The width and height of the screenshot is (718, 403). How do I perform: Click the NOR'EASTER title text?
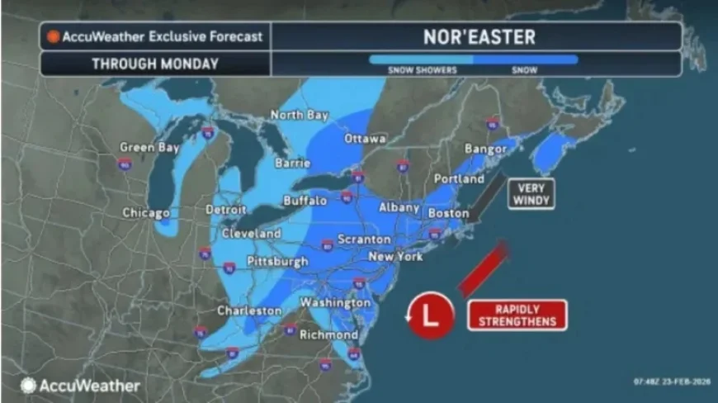479,36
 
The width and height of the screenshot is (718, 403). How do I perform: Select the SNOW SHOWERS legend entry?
422,70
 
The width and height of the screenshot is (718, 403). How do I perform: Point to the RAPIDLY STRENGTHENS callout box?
517,315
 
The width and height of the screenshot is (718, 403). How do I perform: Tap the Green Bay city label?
149,147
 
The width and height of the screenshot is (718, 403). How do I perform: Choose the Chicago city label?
146,212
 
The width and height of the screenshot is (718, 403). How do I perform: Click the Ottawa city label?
365,138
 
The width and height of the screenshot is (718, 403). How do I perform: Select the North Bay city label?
299,115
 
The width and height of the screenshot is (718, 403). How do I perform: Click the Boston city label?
449,212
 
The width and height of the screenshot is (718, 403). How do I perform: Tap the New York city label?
394,256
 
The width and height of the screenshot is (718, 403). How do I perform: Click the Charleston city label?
248,311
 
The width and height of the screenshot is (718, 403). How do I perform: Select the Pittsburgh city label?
277,261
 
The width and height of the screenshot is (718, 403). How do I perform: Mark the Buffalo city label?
305,200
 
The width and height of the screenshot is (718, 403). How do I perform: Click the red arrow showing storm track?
482,269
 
